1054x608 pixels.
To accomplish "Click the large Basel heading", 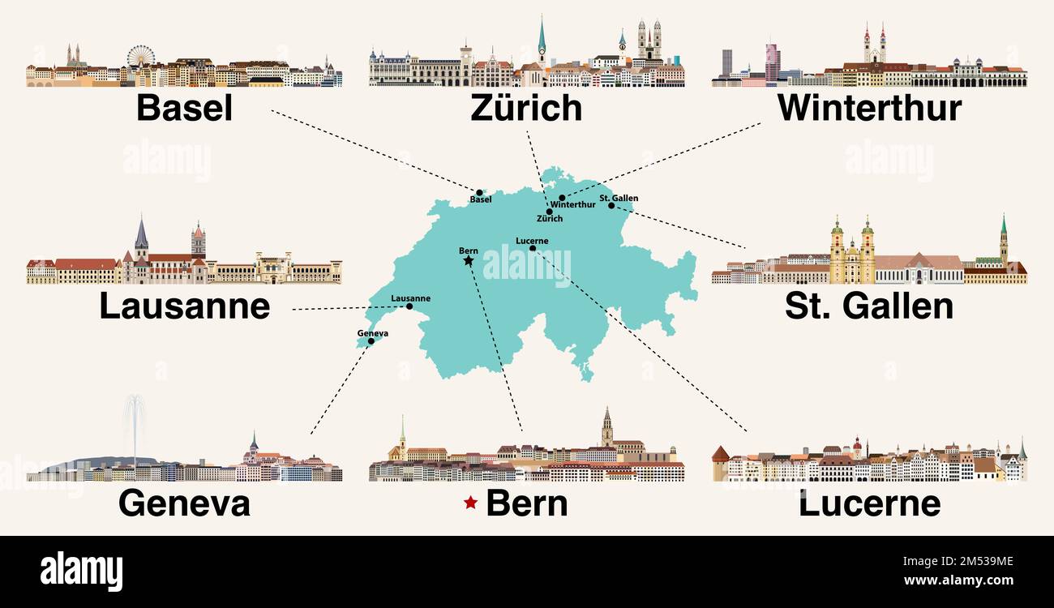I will coord(184,108).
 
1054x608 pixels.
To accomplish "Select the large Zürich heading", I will coord(526,108).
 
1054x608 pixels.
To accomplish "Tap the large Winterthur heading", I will coord(869,108).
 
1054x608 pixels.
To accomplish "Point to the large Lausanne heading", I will coord(184,306).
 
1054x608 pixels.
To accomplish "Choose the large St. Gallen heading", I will coord(869,306).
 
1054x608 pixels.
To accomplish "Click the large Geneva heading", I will coord(184,503).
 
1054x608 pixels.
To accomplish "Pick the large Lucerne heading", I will coord(869,503).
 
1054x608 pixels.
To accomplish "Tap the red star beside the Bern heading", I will coord(470,503).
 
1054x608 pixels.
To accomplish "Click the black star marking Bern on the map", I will coord(468,261).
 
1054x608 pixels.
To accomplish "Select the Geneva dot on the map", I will coord(371,341).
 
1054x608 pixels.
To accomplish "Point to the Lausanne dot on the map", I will coord(409,306).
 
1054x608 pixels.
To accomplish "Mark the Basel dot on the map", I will coord(479,193).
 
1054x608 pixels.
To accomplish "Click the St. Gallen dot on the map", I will coord(612,205).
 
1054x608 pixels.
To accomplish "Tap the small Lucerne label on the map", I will coord(532,241).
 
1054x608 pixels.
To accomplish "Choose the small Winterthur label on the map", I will coord(572,205).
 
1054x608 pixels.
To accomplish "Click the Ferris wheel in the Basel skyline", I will coord(140,56).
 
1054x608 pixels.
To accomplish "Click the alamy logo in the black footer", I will coord(81,572).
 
